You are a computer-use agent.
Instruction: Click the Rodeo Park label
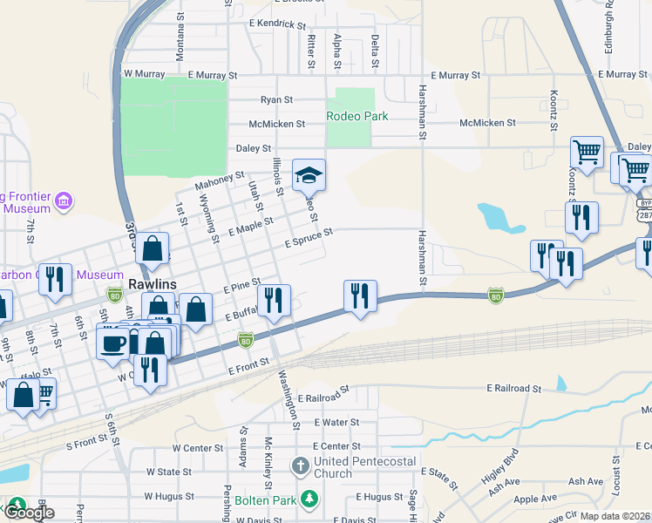357,116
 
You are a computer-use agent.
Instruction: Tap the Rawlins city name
153,285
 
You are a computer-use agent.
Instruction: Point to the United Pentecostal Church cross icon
300,464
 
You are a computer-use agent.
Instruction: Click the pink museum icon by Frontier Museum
62,202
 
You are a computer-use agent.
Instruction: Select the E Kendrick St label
284,24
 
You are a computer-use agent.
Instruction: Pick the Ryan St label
276,100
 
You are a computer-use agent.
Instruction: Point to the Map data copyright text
615,516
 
